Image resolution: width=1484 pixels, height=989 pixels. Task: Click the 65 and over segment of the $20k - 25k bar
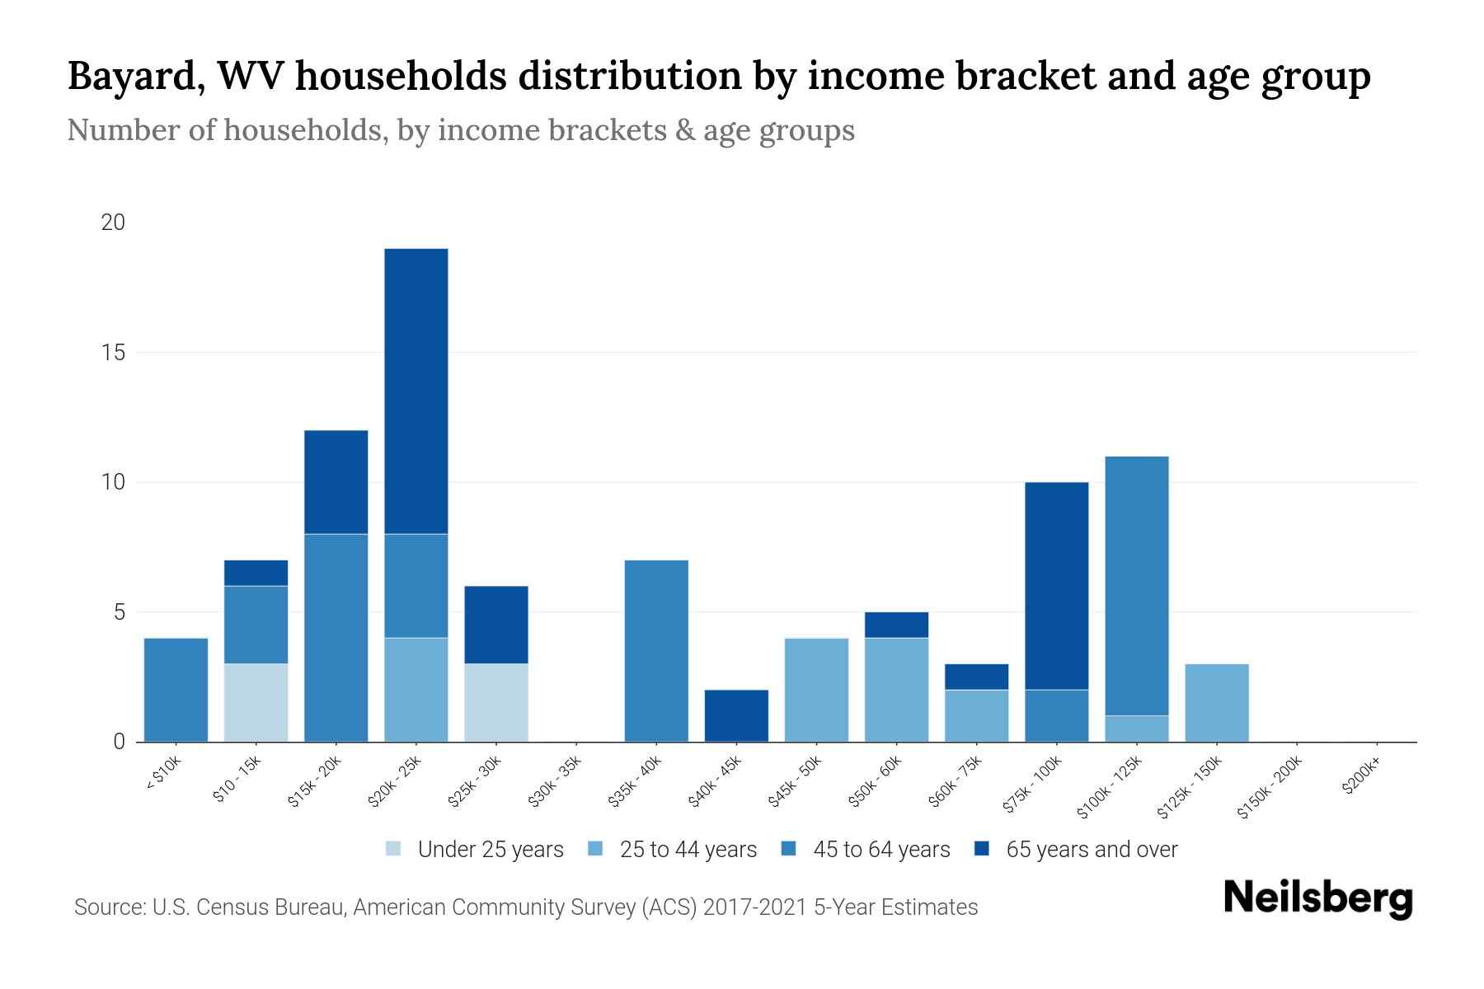[416, 391]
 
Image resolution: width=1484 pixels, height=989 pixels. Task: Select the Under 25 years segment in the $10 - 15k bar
[256, 702]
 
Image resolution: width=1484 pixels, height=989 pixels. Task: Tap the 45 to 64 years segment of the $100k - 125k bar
[1137, 586]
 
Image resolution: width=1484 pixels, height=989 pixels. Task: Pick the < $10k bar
[176, 690]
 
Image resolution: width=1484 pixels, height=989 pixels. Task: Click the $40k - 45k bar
[736, 715]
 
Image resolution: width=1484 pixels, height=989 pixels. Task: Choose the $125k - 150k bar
[1217, 702]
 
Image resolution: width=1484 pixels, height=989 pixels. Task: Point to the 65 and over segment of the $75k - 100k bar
[1057, 586]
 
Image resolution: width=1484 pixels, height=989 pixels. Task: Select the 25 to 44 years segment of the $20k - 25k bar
[416, 690]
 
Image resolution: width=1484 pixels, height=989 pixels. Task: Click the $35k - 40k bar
[656, 651]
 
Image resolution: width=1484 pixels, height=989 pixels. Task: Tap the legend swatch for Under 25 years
[394, 849]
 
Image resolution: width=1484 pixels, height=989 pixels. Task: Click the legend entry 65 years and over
[1091, 850]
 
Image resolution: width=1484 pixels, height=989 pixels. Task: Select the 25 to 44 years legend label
[688, 850]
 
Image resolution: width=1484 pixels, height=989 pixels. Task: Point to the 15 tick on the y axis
[114, 353]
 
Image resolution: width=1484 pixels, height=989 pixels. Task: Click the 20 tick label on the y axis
[114, 223]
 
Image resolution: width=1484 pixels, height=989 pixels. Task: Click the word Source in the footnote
[108, 907]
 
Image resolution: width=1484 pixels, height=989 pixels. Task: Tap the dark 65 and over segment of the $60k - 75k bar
[977, 677]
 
